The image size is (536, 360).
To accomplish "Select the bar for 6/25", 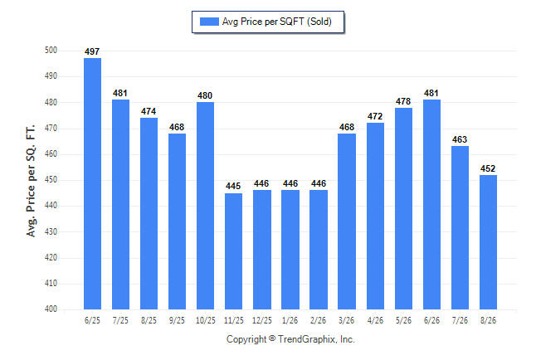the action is tap(92, 183).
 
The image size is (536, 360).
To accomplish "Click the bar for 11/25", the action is tap(233, 251).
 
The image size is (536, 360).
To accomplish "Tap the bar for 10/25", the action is tap(205, 206).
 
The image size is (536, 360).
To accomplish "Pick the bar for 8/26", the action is tap(488, 242).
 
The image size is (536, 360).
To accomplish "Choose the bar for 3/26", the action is tap(347, 221).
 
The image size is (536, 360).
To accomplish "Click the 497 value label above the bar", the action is tap(92, 51).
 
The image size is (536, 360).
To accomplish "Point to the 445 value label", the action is tap(233, 186).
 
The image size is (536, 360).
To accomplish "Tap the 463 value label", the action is tap(460, 139).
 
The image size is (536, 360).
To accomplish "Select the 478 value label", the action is tap(403, 101).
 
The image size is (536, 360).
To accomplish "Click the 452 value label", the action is tap(488, 168).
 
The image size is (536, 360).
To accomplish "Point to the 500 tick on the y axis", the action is tap(51, 51).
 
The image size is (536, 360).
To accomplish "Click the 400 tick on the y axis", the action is tap(51, 309).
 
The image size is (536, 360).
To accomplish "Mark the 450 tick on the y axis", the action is tap(51, 180).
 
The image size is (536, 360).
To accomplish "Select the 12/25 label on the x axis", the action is tap(262, 320).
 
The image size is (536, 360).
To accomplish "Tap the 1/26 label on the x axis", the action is tap(290, 320).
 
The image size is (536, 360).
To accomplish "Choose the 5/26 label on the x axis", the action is tap(403, 320).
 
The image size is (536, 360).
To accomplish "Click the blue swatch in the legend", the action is tap(209, 22).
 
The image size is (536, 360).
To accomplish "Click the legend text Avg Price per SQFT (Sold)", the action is tap(277, 22).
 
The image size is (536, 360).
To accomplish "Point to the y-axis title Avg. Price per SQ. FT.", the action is tap(31, 181).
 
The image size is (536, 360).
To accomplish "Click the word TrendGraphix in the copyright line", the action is tap(307, 339).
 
